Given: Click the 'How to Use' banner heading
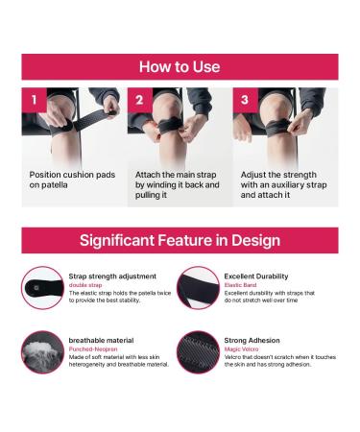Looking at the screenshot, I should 180,67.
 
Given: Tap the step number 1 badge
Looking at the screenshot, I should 34,100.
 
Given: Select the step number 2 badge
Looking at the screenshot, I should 139,100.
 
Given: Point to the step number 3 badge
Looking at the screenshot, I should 244,100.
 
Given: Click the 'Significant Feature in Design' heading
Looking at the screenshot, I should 180,240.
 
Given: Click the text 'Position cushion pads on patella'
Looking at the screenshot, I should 68,180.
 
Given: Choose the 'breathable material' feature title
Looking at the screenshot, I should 101,340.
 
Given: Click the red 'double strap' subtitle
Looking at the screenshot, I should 86,285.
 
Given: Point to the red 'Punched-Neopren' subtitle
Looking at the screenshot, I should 96,349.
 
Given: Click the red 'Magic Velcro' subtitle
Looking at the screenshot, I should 243,349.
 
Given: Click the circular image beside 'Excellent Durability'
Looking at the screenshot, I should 199,287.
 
